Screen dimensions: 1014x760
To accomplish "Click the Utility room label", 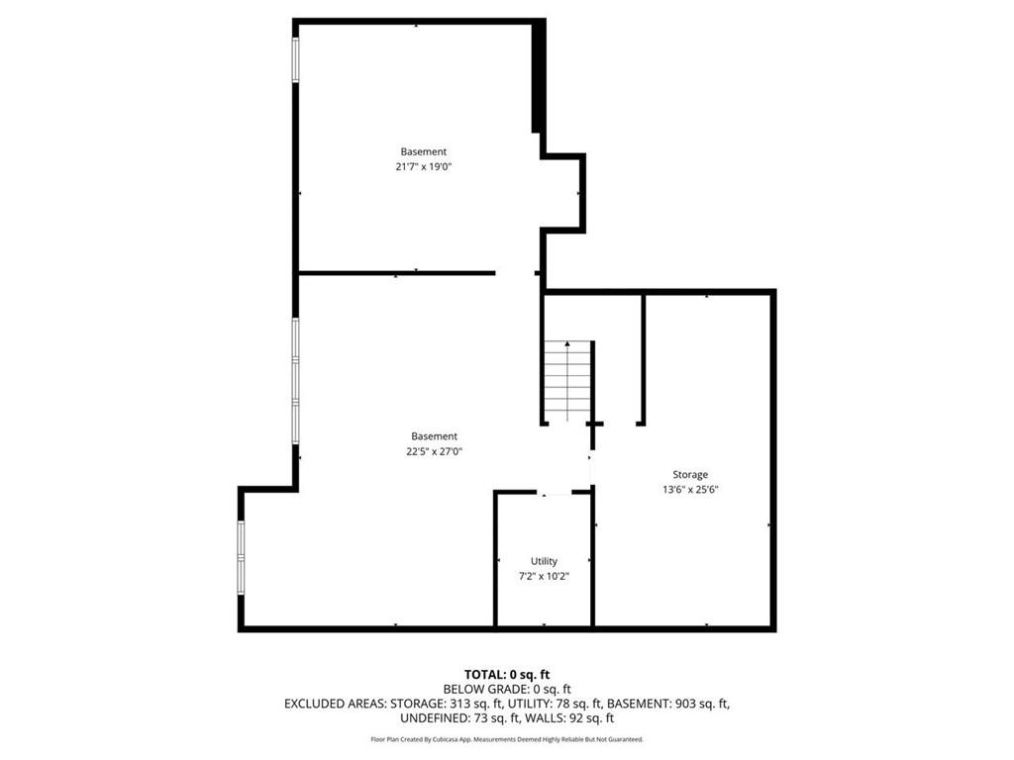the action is (x=544, y=561).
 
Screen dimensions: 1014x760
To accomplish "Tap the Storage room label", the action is (x=690, y=474).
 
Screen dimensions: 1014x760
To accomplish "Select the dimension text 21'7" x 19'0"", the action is (x=424, y=166).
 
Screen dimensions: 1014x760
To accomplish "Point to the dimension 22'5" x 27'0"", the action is (x=434, y=451).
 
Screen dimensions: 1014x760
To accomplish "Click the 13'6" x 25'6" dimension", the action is (x=690, y=489).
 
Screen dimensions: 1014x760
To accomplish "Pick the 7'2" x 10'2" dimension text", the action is (x=544, y=576).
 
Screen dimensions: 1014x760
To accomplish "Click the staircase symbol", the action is (x=567, y=381).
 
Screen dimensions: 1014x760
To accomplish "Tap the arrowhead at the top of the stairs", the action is (x=567, y=343).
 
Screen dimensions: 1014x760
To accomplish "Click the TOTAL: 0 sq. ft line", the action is (x=507, y=675).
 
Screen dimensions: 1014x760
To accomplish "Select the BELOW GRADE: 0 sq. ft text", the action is (x=507, y=690).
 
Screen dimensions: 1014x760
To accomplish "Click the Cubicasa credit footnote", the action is (x=507, y=739).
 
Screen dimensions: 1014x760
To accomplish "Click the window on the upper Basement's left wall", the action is (x=295, y=59).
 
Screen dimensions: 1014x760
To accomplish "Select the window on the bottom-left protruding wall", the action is (x=242, y=558).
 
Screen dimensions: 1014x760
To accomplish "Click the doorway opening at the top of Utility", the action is (x=555, y=493).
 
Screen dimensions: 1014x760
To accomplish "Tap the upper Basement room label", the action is (x=424, y=151).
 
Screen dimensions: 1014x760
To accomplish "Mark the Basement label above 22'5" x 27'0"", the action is (x=434, y=436).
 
